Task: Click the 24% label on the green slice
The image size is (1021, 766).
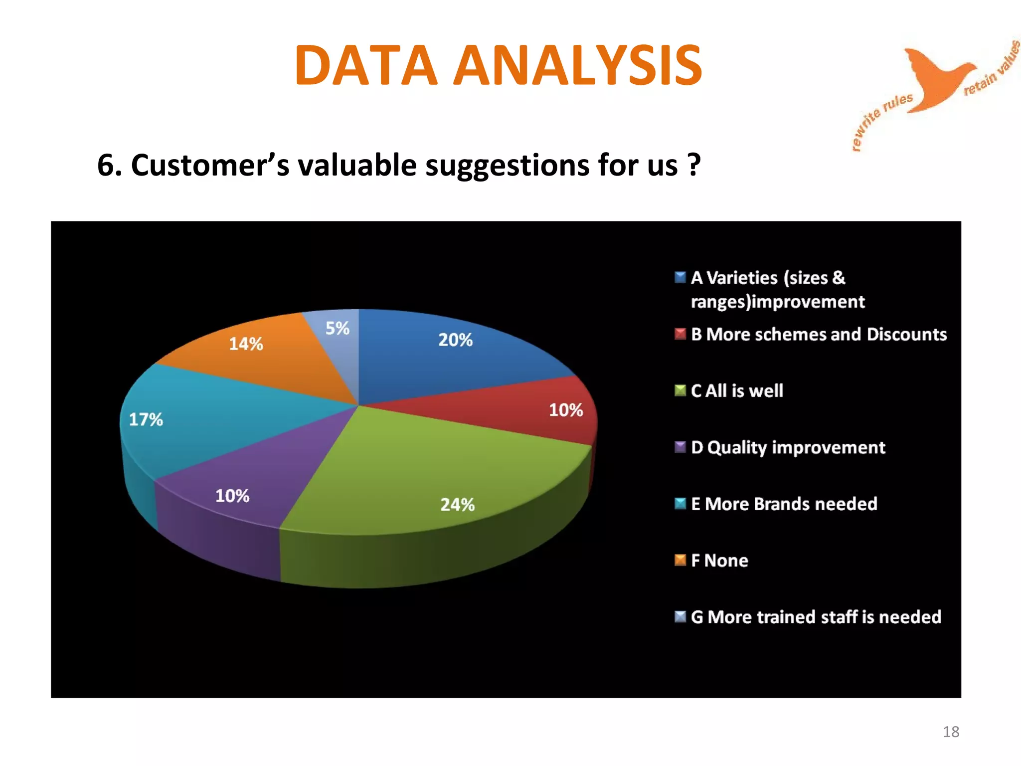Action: click(x=457, y=505)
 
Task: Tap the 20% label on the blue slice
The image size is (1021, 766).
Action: click(x=455, y=340)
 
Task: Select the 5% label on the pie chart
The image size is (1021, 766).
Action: click(x=337, y=328)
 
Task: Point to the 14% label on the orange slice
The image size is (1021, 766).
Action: click(x=246, y=344)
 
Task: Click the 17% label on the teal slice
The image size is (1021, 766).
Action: click(x=146, y=419)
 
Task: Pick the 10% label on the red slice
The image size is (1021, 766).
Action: click(x=566, y=410)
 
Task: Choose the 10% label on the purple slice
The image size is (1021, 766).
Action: click(x=232, y=496)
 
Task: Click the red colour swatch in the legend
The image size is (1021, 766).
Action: click(x=680, y=334)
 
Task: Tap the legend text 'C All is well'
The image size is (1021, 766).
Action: click(x=737, y=390)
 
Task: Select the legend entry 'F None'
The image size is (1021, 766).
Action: click(x=719, y=561)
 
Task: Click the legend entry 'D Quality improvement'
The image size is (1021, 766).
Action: click(x=788, y=447)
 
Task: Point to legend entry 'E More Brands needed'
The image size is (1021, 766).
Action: click(x=784, y=504)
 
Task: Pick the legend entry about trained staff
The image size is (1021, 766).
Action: click(x=816, y=617)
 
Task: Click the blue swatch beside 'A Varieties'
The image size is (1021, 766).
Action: click(x=680, y=277)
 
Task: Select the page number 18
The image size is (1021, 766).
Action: click(x=951, y=732)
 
